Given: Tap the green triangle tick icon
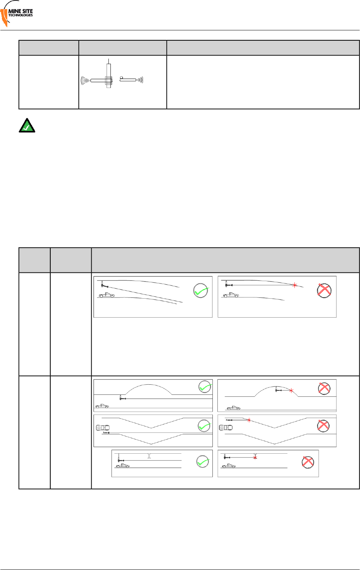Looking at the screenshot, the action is (27, 126).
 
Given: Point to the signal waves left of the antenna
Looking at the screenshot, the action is (85, 80).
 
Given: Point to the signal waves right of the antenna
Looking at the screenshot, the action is (140, 79).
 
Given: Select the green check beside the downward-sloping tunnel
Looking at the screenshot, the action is (201, 291).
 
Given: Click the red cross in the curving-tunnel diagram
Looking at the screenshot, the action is (324, 290).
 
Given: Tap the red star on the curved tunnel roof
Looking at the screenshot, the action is (295, 285).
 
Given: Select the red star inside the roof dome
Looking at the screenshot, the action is (291, 391).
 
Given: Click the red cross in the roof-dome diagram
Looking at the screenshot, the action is (324, 388).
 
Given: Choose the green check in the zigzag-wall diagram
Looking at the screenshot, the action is (204, 426).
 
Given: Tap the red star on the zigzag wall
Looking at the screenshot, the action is (249, 420).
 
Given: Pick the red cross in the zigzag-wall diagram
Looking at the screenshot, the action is (323, 426).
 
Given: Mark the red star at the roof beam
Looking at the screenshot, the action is (255, 457).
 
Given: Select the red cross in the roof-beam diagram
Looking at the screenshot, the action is (308, 462).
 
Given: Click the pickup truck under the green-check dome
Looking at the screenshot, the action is (102, 406).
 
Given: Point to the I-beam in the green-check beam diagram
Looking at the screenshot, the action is (149, 456).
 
